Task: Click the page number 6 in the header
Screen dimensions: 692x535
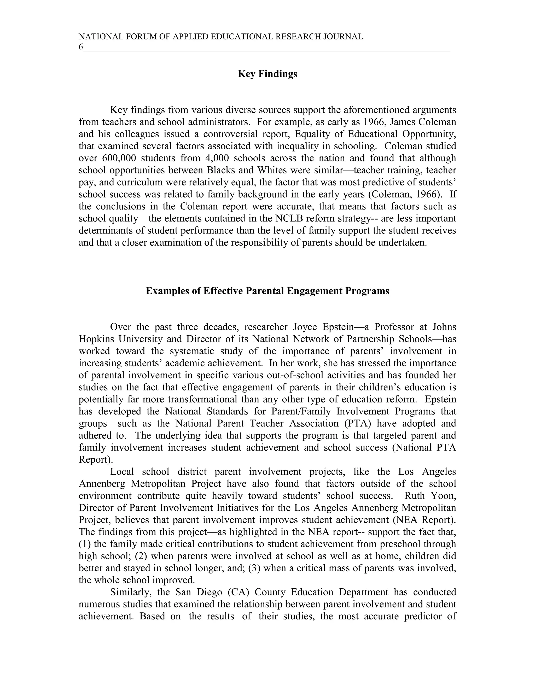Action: click(x=80, y=47)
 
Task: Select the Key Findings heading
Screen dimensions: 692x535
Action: click(x=267, y=74)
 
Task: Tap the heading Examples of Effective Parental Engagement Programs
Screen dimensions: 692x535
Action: click(x=267, y=291)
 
